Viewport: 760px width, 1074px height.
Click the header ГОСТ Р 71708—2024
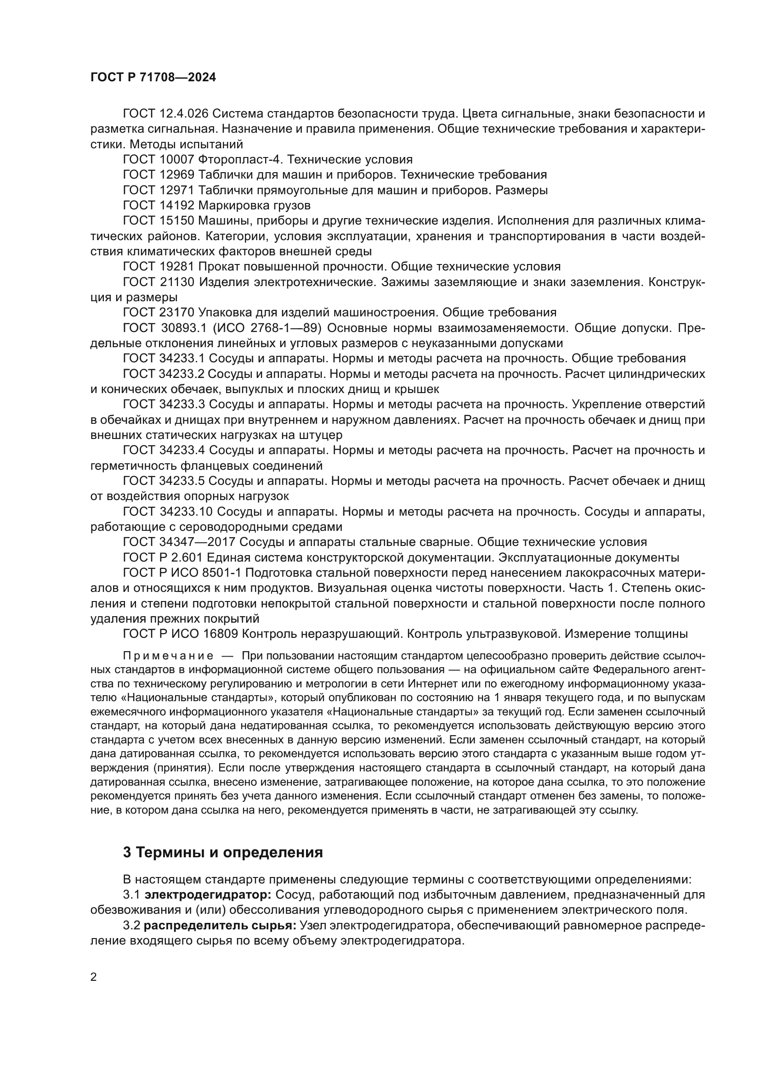[153, 78]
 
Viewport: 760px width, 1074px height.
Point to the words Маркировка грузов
[254, 205]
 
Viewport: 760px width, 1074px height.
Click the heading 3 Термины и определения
[223, 853]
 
